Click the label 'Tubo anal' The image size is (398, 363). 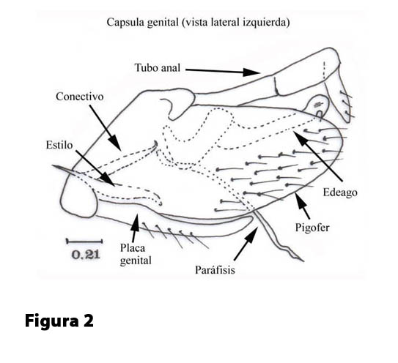point(158,67)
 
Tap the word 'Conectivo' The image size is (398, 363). point(80,97)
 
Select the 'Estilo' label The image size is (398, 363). point(59,145)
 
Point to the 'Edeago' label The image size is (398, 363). point(340,192)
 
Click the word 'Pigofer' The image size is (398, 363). point(312,228)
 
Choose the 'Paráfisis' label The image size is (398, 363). point(215,270)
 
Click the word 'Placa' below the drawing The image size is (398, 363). point(133,248)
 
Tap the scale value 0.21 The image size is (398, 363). point(86,255)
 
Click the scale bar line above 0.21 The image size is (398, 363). point(84,242)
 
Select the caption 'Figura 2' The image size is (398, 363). point(59,321)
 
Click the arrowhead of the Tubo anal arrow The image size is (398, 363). point(252,72)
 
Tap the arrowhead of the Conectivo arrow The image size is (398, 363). point(115,143)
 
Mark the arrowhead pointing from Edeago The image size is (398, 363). point(300,137)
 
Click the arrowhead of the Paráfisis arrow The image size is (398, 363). point(253,233)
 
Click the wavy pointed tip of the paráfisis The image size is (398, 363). point(303,261)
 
